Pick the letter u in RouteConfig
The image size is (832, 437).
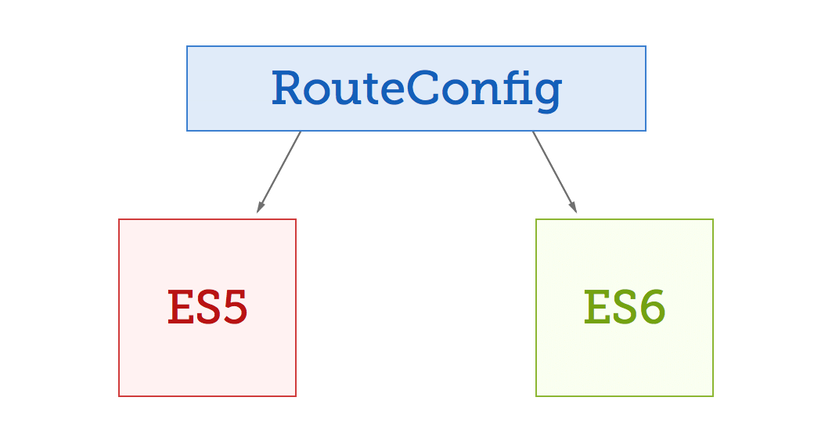(350, 92)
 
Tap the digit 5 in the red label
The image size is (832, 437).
(232, 308)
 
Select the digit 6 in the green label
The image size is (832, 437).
(650, 308)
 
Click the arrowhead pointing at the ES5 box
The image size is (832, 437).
(260, 208)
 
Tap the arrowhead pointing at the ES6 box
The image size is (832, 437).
(574, 208)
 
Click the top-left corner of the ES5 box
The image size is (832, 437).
(119, 219)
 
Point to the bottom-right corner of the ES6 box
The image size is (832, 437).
(713, 396)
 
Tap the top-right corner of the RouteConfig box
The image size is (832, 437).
(646, 46)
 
